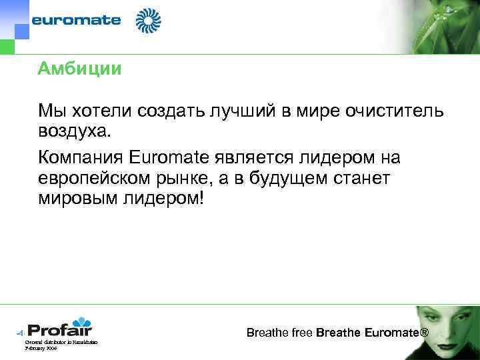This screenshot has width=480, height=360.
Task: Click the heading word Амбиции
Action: pos(80,69)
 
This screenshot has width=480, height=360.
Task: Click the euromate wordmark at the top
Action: pos(77,20)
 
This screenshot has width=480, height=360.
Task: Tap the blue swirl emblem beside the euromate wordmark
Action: pos(149,20)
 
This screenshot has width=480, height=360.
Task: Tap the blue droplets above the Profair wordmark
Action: pos(81,322)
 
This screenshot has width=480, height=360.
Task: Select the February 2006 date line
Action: pos(41,348)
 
